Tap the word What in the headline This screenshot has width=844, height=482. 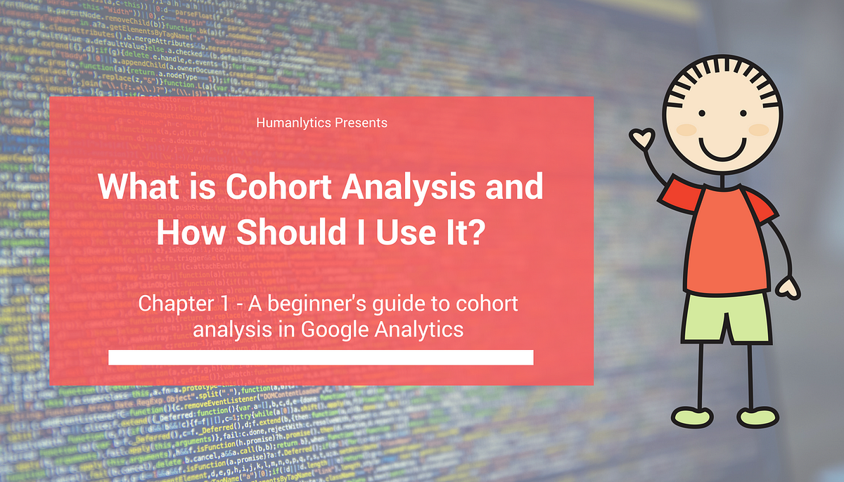point(136,189)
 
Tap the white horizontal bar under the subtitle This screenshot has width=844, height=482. point(321,358)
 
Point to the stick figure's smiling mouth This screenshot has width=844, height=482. point(719,150)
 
